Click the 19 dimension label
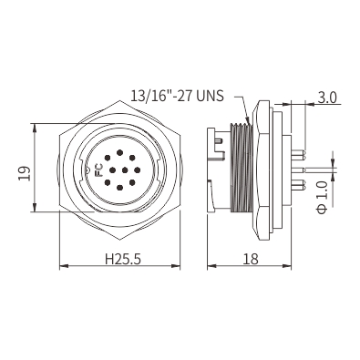[25, 173]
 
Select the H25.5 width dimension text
[123, 259]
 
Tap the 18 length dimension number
[251, 259]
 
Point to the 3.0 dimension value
[327, 98]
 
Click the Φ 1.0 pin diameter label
[322, 198]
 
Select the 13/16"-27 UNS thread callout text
[177, 96]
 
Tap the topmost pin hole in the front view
[119, 152]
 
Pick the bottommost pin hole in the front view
[119, 188]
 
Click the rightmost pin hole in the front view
[138, 170]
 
